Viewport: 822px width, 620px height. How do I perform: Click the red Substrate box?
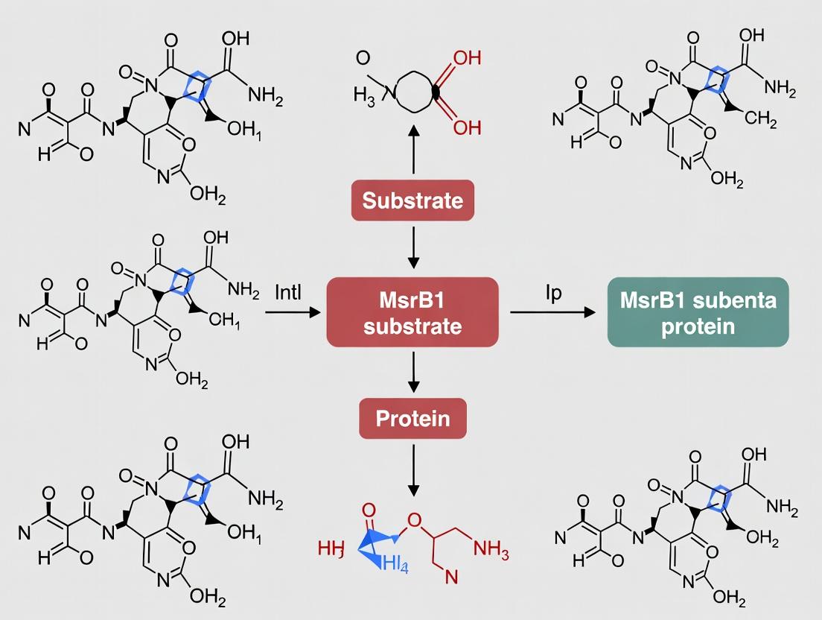tap(412, 200)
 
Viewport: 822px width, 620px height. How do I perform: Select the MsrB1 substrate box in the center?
tap(412, 312)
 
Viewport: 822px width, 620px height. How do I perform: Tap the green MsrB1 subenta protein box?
tap(698, 312)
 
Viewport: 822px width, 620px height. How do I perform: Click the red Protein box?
tap(412, 418)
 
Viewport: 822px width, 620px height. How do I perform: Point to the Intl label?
tap(288, 291)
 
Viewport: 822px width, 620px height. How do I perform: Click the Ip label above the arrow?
tap(553, 291)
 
